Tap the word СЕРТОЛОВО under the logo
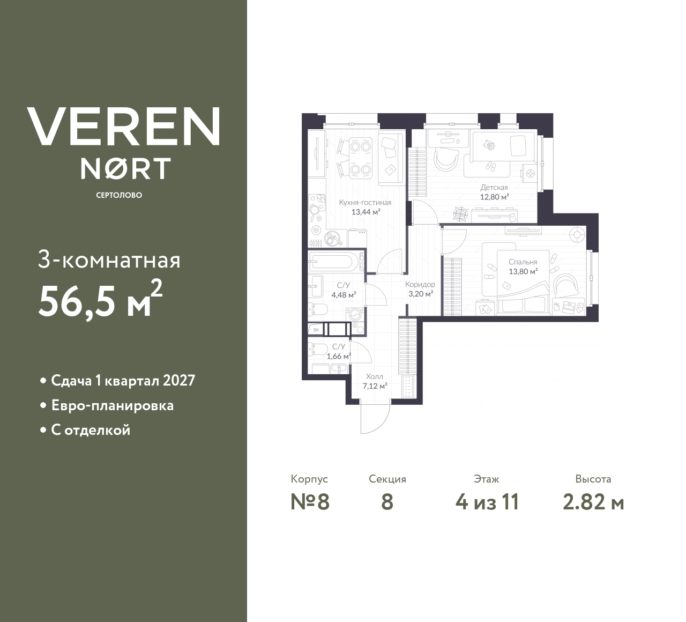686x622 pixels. coord(119,195)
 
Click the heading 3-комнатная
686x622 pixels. coord(109,261)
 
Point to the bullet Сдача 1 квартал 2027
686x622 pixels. coord(123,381)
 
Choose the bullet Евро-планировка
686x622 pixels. coord(112,405)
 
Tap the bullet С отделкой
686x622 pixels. coord(91,430)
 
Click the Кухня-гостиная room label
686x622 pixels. coord(365,203)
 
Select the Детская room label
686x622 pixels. coord(494,188)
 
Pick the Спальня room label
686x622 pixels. coord(523,262)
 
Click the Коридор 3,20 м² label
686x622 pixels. coord(420,289)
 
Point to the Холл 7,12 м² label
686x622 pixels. coord(374,381)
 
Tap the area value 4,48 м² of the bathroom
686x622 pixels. coord(344,294)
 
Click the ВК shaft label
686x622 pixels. coord(316,330)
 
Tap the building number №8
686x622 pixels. coord(310,502)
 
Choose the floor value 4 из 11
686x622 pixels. coord(487,502)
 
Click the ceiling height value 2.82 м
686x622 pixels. coord(593,502)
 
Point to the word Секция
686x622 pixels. coord(387,479)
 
